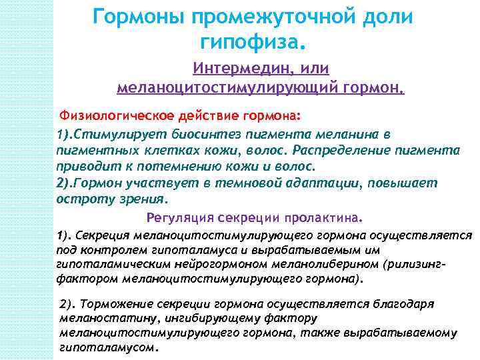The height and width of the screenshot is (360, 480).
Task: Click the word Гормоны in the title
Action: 133,17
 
